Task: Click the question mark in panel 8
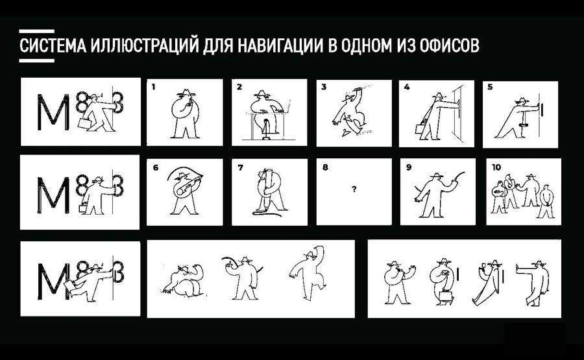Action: tap(354, 189)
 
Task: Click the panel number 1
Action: tap(153, 87)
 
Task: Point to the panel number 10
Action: tap(496, 167)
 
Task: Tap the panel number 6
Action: tap(156, 167)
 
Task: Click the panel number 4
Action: tap(407, 87)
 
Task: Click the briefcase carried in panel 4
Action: tap(420, 129)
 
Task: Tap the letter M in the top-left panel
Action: tap(53, 112)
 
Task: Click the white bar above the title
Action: tap(37, 32)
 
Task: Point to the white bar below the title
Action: tap(37, 60)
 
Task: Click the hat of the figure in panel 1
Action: tap(186, 92)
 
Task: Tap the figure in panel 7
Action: tap(269, 191)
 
